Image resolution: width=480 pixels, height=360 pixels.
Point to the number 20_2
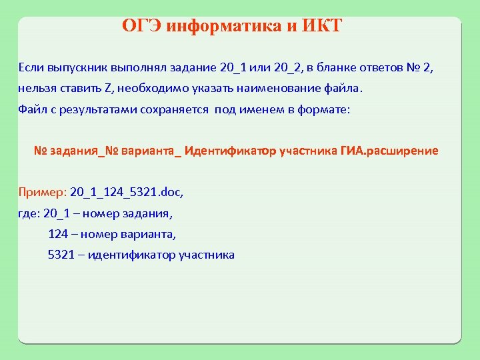click(288, 67)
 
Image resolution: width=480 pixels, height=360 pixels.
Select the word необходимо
click(152, 89)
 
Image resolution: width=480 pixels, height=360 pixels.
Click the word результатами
click(90, 109)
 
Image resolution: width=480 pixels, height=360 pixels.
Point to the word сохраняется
click(175, 109)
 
